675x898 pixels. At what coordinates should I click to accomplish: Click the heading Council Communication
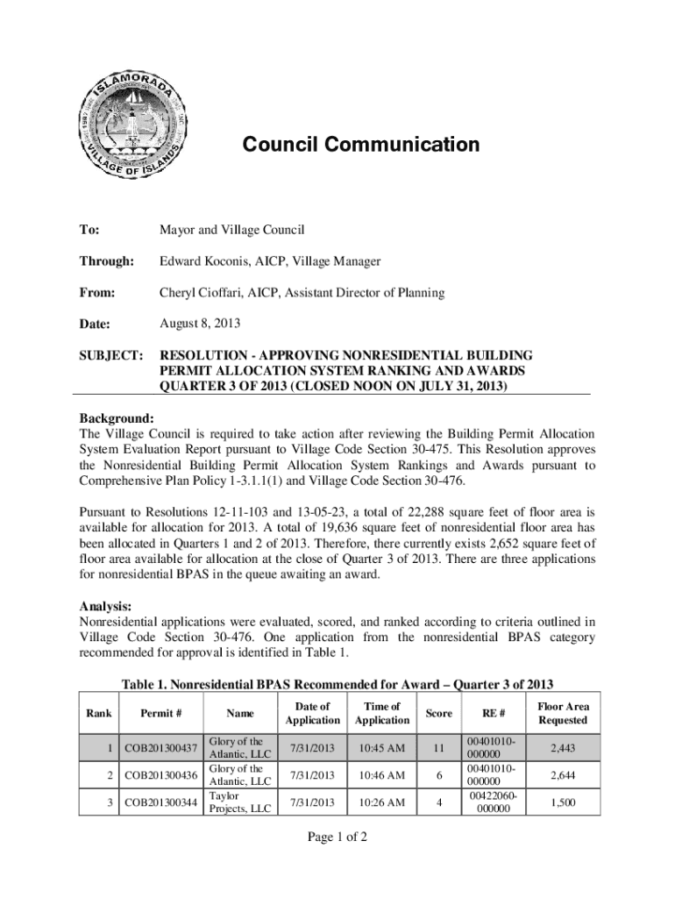click(x=360, y=145)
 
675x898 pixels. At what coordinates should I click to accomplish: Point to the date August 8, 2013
click(x=199, y=324)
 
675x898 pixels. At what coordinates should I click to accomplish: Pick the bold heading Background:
click(x=117, y=418)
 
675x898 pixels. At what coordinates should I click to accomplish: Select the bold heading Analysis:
click(x=106, y=606)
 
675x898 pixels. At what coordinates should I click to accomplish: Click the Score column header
click(x=439, y=713)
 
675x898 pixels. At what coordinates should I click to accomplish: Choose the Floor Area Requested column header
click(x=563, y=713)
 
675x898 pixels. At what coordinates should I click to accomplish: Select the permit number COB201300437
click(x=160, y=748)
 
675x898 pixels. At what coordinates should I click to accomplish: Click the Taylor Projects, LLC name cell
click(x=239, y=802)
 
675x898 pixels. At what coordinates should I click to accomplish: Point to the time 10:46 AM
click(x=382, y=775)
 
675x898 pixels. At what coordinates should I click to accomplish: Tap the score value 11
click(x=439, y=748)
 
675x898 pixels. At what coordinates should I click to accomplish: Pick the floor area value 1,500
click(x=563, y=802)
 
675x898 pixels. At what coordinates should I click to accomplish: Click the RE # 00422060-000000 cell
click(x=492, y=802)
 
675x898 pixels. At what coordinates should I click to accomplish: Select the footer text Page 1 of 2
click(x=337, y=837)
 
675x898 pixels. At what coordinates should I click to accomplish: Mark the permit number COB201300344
click(x=160, y=802)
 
